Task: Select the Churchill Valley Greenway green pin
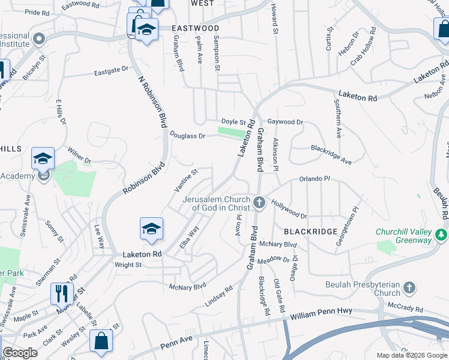click(x=442, y=233)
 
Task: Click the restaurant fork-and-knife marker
click(x=62, y=294)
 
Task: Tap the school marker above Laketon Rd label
click(x=152, y=229)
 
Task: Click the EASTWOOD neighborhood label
click(x=195, y=28)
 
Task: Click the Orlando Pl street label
click(x=315, y=179)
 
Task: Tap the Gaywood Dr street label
click(x=285, y=122)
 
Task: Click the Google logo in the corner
click(x=20, y=353)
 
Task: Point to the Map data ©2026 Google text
click(x=411, y=355)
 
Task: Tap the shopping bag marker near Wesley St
click(x=101, y=341)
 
